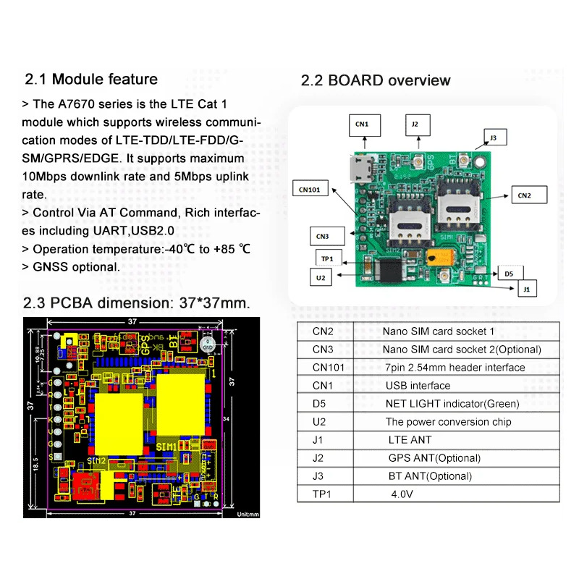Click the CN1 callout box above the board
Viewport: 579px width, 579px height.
click(x=363, y=124)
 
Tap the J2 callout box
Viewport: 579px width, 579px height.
click(x=415, y=124)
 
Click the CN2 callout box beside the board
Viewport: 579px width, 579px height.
click(x=525, y=194)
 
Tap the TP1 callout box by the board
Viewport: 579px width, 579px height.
click(x=326, y=258)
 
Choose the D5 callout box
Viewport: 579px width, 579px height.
click(x=510, y=274)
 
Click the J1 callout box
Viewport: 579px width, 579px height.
click(x=525, y=288)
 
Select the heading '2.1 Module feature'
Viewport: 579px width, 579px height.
click(x=91, y=79)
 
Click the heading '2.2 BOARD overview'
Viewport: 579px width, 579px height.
click(x=376, y=80)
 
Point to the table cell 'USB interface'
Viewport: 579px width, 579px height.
click(x=418, y=386)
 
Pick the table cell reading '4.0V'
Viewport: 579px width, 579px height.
click(x=401, y=494)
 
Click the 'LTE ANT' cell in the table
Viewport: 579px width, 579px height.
click(x=410, y=440)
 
